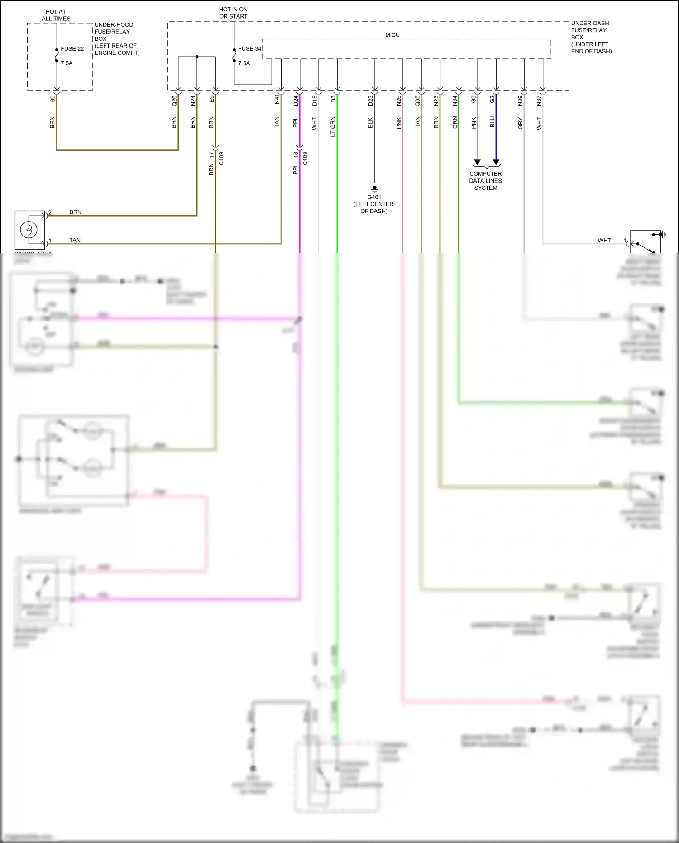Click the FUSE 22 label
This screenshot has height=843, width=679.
click(72, 49)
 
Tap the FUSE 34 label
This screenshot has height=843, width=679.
click(250, 49)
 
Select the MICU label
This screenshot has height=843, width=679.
click(392, 35)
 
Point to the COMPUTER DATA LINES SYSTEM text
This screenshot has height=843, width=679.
click(485, 181)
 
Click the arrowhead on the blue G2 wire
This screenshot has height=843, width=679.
click(496, 162)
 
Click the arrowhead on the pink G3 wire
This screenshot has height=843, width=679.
click(477, 162)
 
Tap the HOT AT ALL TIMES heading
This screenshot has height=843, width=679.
click(56, 15)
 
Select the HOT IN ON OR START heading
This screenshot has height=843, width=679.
click(233, 13)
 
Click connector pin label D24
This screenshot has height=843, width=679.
click(296, 101)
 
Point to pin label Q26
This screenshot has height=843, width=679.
click(174, 101)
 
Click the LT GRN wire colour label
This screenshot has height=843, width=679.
click(333, 126)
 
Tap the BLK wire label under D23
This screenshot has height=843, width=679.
click(370, 123)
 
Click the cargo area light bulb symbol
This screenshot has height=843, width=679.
click(29, 230)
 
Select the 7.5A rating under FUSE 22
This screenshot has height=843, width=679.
click(67, 63)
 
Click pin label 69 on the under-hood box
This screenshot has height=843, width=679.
click(53, 98)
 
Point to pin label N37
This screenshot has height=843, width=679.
click(539, 101)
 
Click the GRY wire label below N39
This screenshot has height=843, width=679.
click(521, 123)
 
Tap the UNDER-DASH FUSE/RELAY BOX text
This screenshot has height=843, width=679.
click(591, 37)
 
